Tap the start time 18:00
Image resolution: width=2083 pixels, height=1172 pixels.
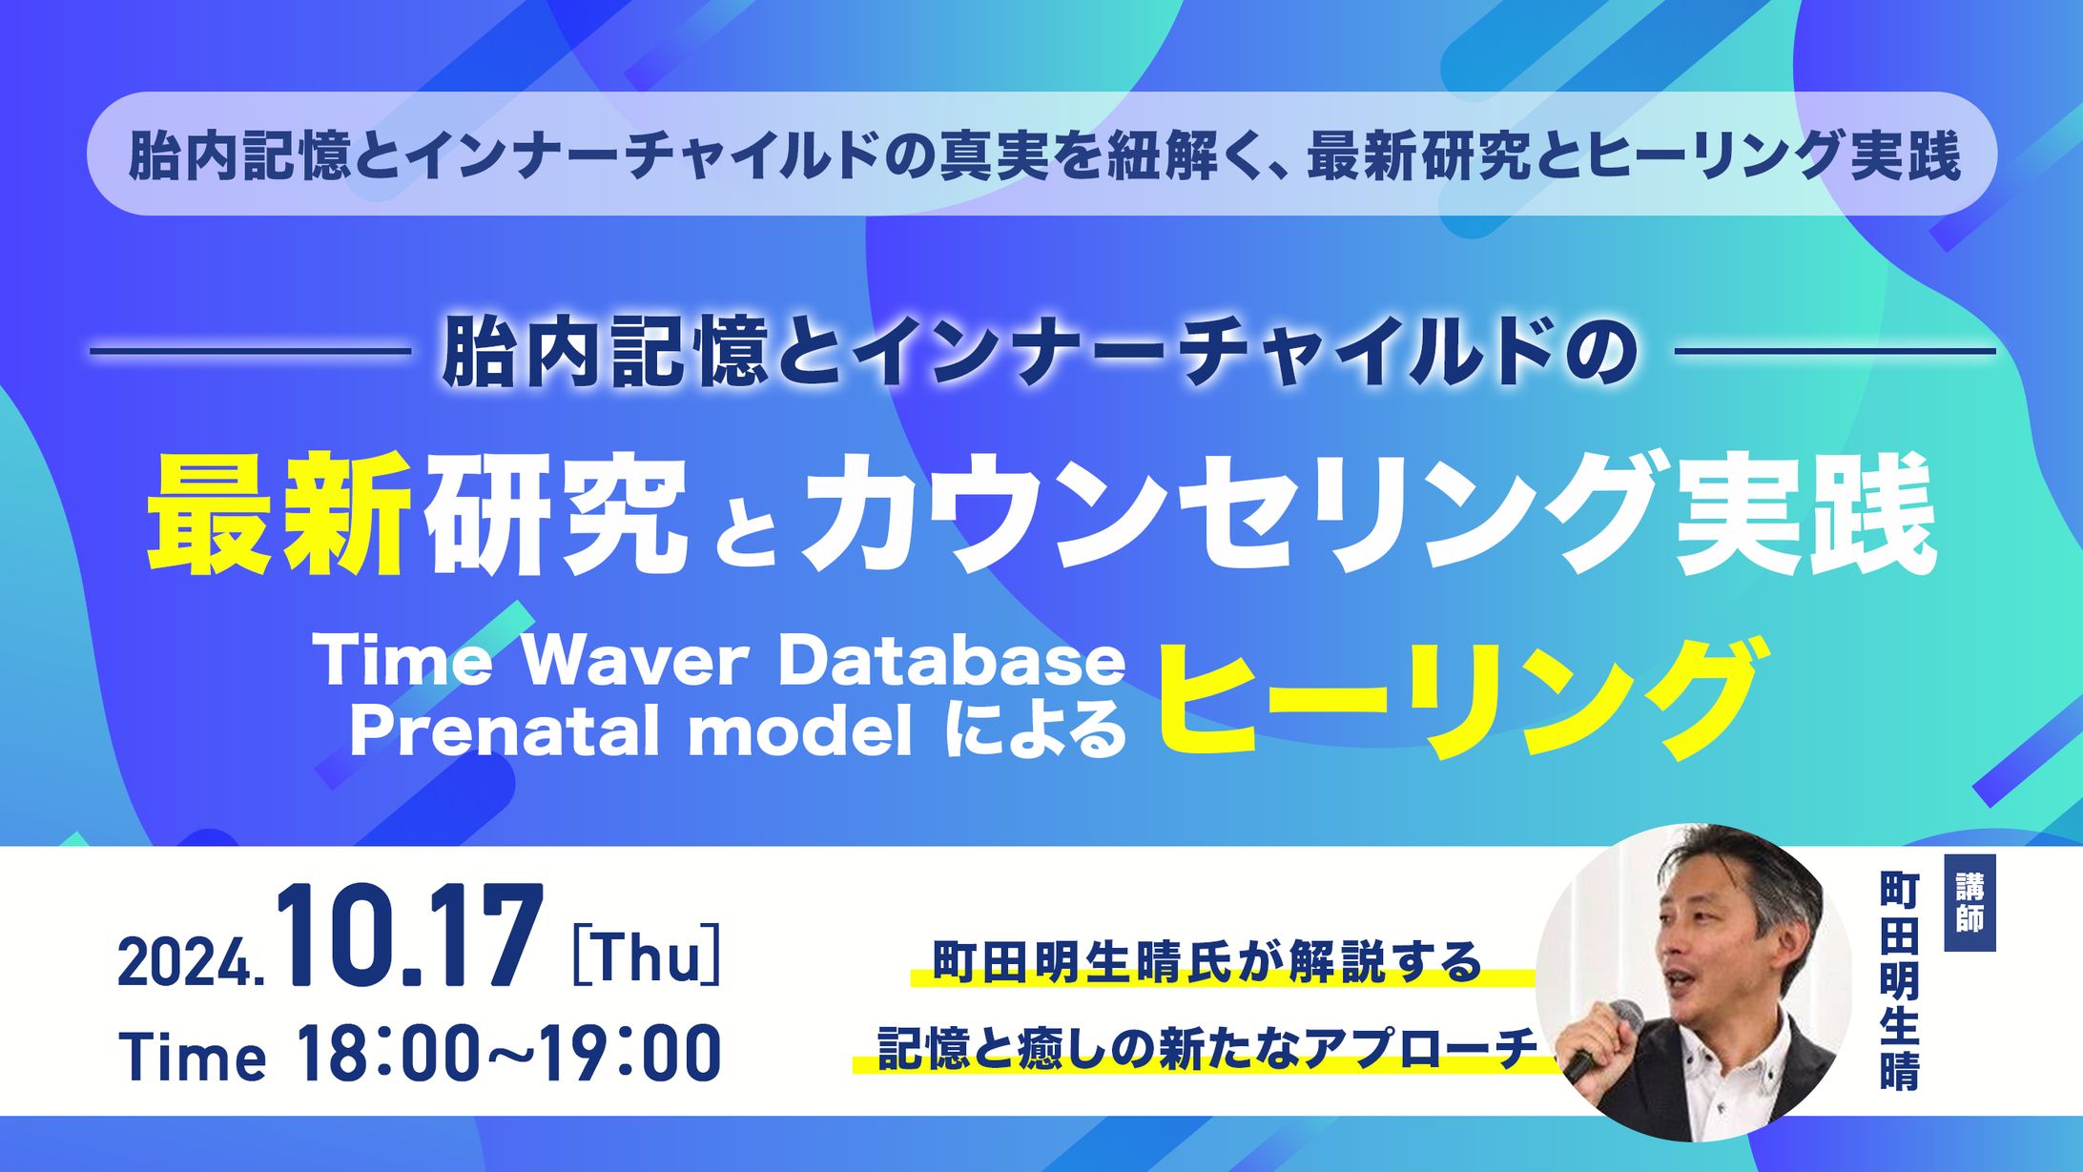click(x=385, y=1053)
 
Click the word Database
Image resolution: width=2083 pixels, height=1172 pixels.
click(x=952, y=660)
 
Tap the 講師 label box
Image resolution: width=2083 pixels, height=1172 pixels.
click(x=1970, y=902)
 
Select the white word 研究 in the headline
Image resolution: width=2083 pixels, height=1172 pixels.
click(x=558, y=515)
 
